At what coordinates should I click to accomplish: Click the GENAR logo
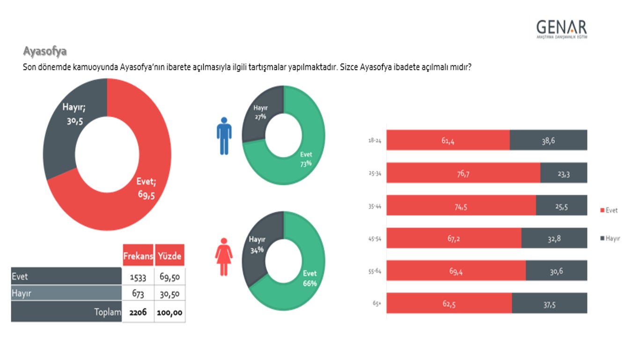click(561, 29)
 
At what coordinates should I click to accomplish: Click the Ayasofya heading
click(44, 51)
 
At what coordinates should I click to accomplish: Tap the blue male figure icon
click(224, 136)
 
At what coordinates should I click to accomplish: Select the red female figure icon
click(224, 257)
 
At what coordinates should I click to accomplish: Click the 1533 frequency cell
click(138, 277)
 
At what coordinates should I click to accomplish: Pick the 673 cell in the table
click(138, 294)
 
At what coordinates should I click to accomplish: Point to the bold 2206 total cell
click(138, 312)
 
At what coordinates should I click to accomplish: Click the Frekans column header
click(138, 256)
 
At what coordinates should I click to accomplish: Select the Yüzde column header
click(169, 256)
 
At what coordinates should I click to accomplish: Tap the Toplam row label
click(107, 312)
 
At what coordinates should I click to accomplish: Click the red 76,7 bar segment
click(463, 173)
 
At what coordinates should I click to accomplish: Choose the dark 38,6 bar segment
click(548, 140)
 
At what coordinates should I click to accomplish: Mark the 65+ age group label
click(377, 303)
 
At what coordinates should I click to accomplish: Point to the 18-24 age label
click(375, 140)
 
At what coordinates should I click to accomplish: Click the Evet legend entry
click(609, 210)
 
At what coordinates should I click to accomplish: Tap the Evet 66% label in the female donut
click(309, 278)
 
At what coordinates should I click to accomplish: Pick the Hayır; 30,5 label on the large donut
click(74, 114)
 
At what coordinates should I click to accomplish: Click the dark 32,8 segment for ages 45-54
click(554, 238)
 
